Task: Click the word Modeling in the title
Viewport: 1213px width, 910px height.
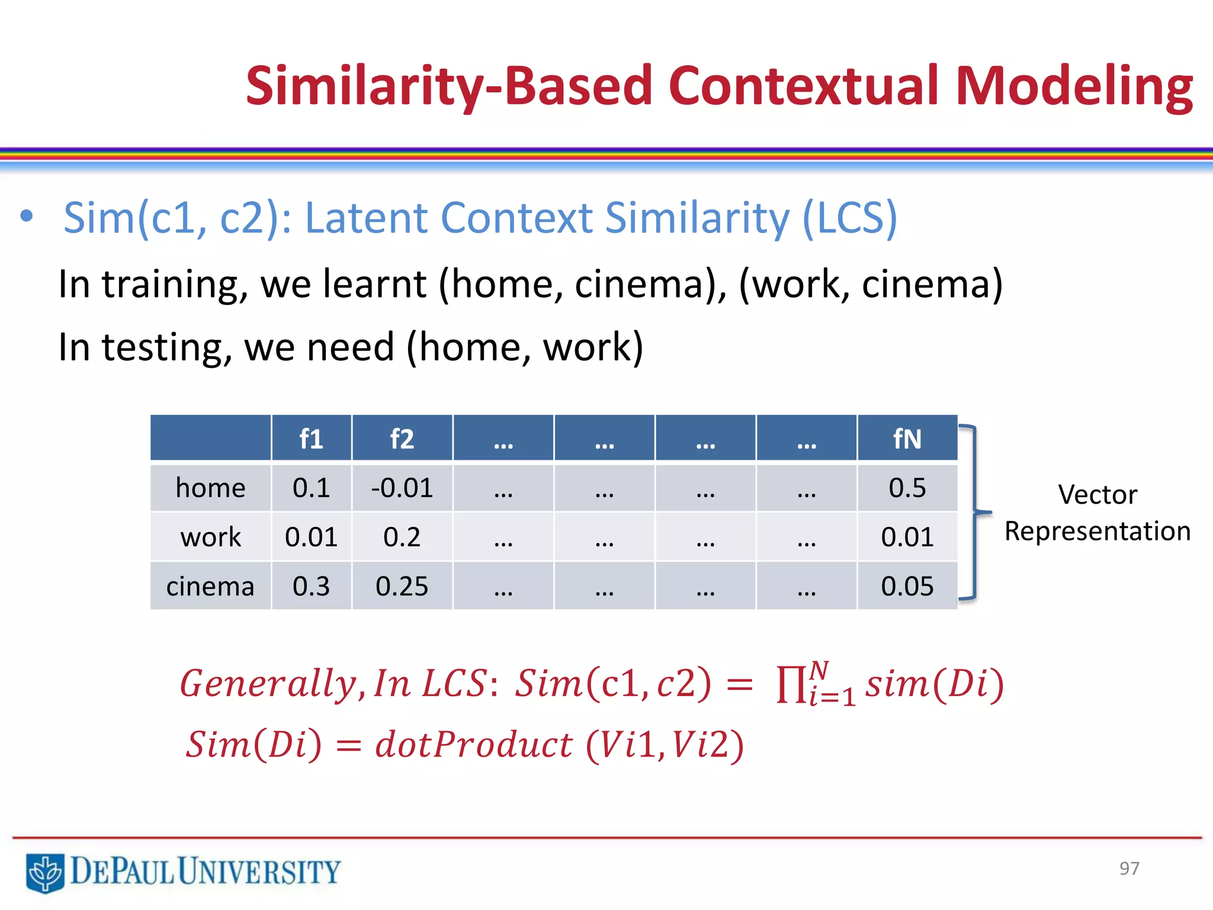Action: (1074, 88)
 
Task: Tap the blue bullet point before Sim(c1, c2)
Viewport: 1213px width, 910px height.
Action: (26, 216)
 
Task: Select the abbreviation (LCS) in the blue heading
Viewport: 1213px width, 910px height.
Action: (850, 218)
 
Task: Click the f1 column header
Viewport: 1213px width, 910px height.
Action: (311, 439)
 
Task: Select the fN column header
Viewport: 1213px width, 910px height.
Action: (907, 439)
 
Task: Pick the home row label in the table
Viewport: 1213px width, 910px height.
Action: (210, 488)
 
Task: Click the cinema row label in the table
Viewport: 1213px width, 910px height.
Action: (210, 587)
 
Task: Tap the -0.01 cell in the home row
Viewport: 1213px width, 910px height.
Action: (402, 488)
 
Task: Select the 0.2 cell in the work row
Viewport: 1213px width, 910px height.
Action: (402, 537)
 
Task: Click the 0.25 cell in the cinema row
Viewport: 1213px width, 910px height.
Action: (402, 587)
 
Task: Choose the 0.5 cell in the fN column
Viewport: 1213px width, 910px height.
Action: (907, 488)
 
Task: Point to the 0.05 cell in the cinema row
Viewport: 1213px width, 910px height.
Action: (907, 587)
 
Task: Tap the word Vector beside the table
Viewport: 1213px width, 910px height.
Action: (1097, 495)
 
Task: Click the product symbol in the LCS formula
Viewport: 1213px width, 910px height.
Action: (791, 684)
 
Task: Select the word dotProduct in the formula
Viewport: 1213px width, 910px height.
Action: (474, 745)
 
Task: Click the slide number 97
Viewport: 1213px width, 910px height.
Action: (1129, 869)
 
